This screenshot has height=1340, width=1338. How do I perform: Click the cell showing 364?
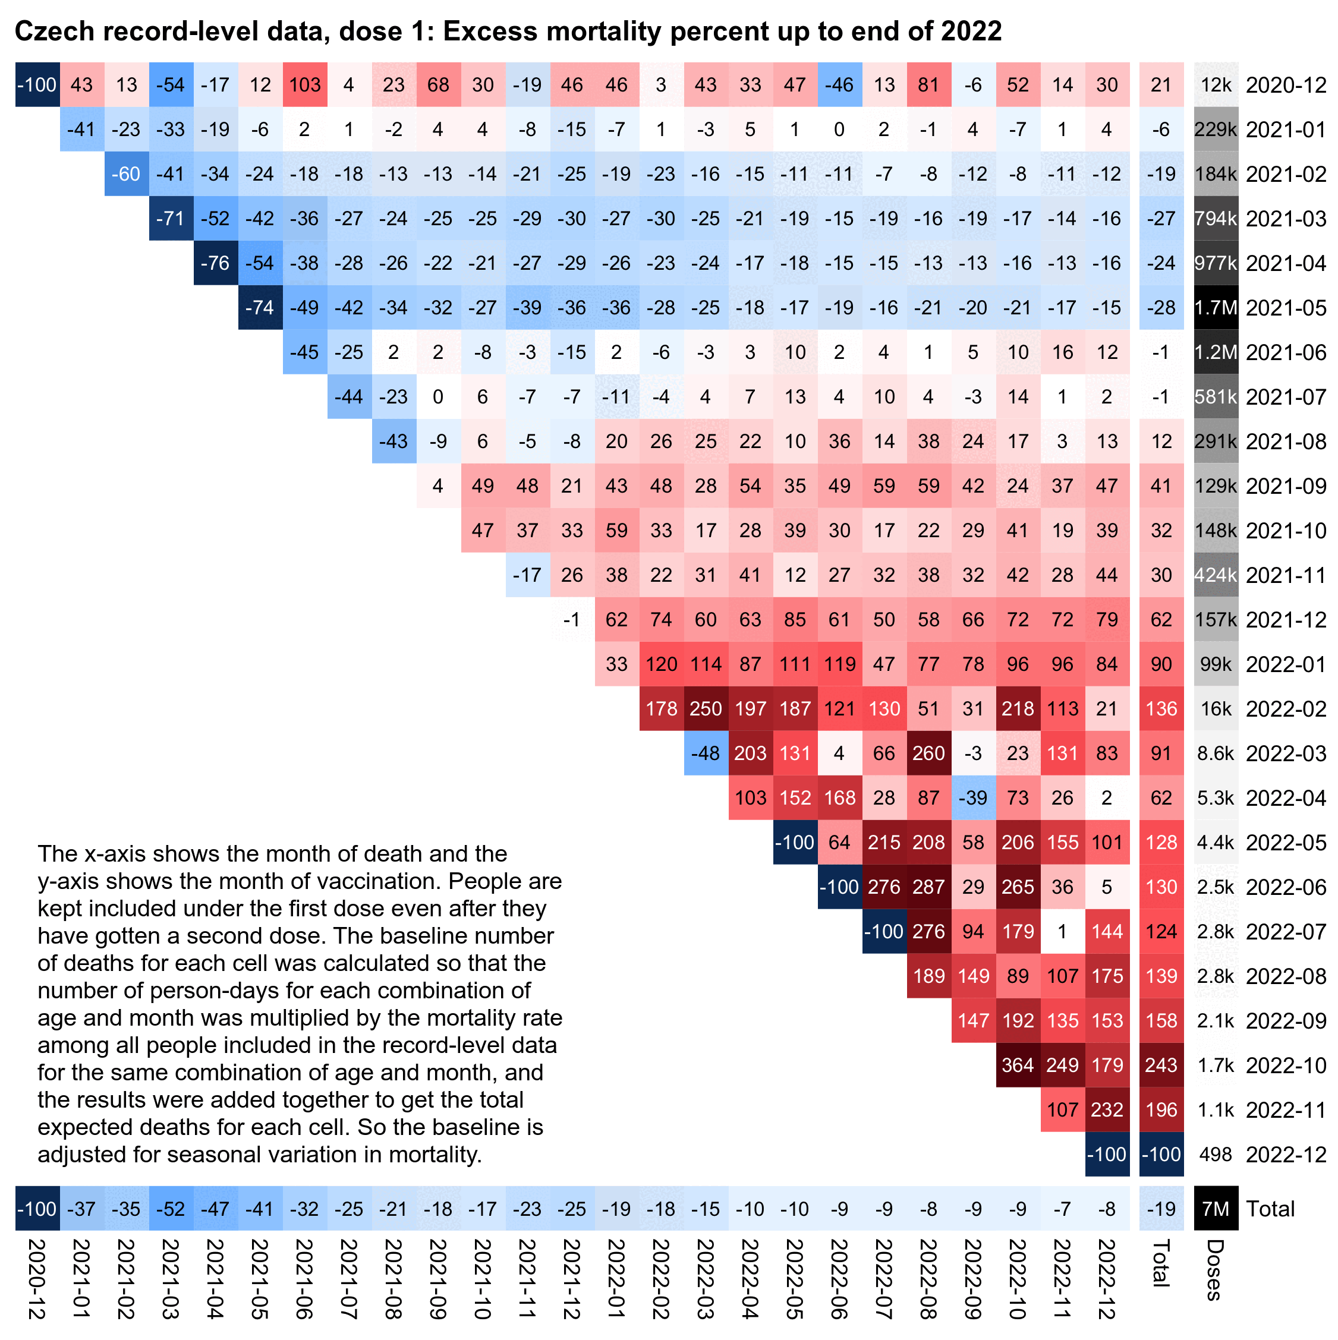tap(1017, 1065)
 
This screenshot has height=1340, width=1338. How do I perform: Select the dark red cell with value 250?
tap(706, 708)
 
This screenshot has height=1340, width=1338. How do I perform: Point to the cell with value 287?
tap(928, 887)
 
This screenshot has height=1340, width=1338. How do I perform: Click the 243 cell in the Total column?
tap(1160, 1065)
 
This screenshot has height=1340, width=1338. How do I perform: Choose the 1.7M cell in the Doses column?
tap(1215, 307)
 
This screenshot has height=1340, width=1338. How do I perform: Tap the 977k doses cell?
tap(1215, 263)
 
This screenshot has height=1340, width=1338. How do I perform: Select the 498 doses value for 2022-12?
tap(1215, 1154)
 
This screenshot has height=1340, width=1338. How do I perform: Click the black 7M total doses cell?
tap(1215, 1209)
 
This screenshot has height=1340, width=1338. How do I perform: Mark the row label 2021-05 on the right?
tap(1285, 307)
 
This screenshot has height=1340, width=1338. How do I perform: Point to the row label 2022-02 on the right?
tap(1285, 708)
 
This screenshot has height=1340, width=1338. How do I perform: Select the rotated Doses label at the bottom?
tap(1214, 1269)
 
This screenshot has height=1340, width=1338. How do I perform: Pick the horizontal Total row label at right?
tap(1270, 1209)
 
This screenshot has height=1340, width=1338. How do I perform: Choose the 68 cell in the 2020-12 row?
tap(437, 84)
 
